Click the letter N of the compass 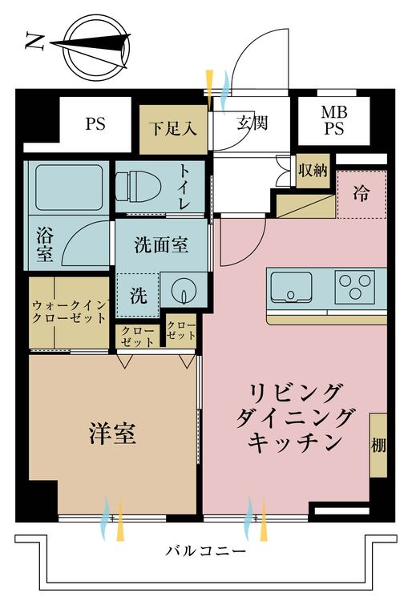34,42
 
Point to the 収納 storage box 313,170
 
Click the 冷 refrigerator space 362,193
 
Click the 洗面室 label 161,245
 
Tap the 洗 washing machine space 139,296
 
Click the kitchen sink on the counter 290,285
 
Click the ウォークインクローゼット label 69,312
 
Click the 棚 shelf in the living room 378,444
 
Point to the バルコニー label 206,552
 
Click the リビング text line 296,393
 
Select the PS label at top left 95,124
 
